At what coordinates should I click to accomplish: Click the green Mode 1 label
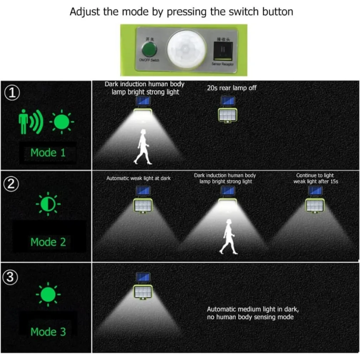pos(48,153)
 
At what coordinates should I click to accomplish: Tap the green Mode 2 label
pos(48,242)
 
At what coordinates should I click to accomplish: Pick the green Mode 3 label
pos(48,332)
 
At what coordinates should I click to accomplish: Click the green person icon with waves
pos(30,122)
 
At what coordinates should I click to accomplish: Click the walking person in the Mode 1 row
pos(144,146)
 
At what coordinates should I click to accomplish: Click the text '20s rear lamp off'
pos(232,88)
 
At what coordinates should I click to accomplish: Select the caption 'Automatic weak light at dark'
pos(138,178)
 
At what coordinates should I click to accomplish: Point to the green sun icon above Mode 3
pos(48,294)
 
